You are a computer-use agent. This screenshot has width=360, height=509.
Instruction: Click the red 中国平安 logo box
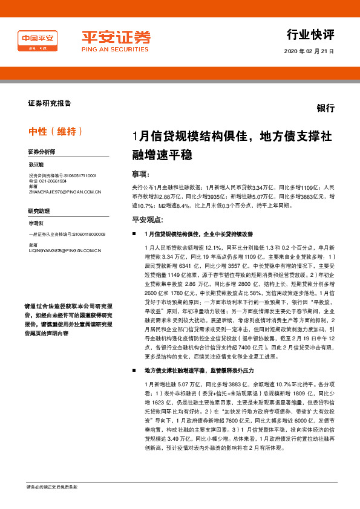[38, 42]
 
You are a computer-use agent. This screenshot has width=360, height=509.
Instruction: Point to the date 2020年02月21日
[309, 51]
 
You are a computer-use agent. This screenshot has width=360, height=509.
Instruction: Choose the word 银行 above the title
[325, 108]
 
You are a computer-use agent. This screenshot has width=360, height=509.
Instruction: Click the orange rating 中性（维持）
[56, 131]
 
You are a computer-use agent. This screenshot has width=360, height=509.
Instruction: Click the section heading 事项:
[140, 175]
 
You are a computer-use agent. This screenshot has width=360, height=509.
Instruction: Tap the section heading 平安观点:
[147, 220]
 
